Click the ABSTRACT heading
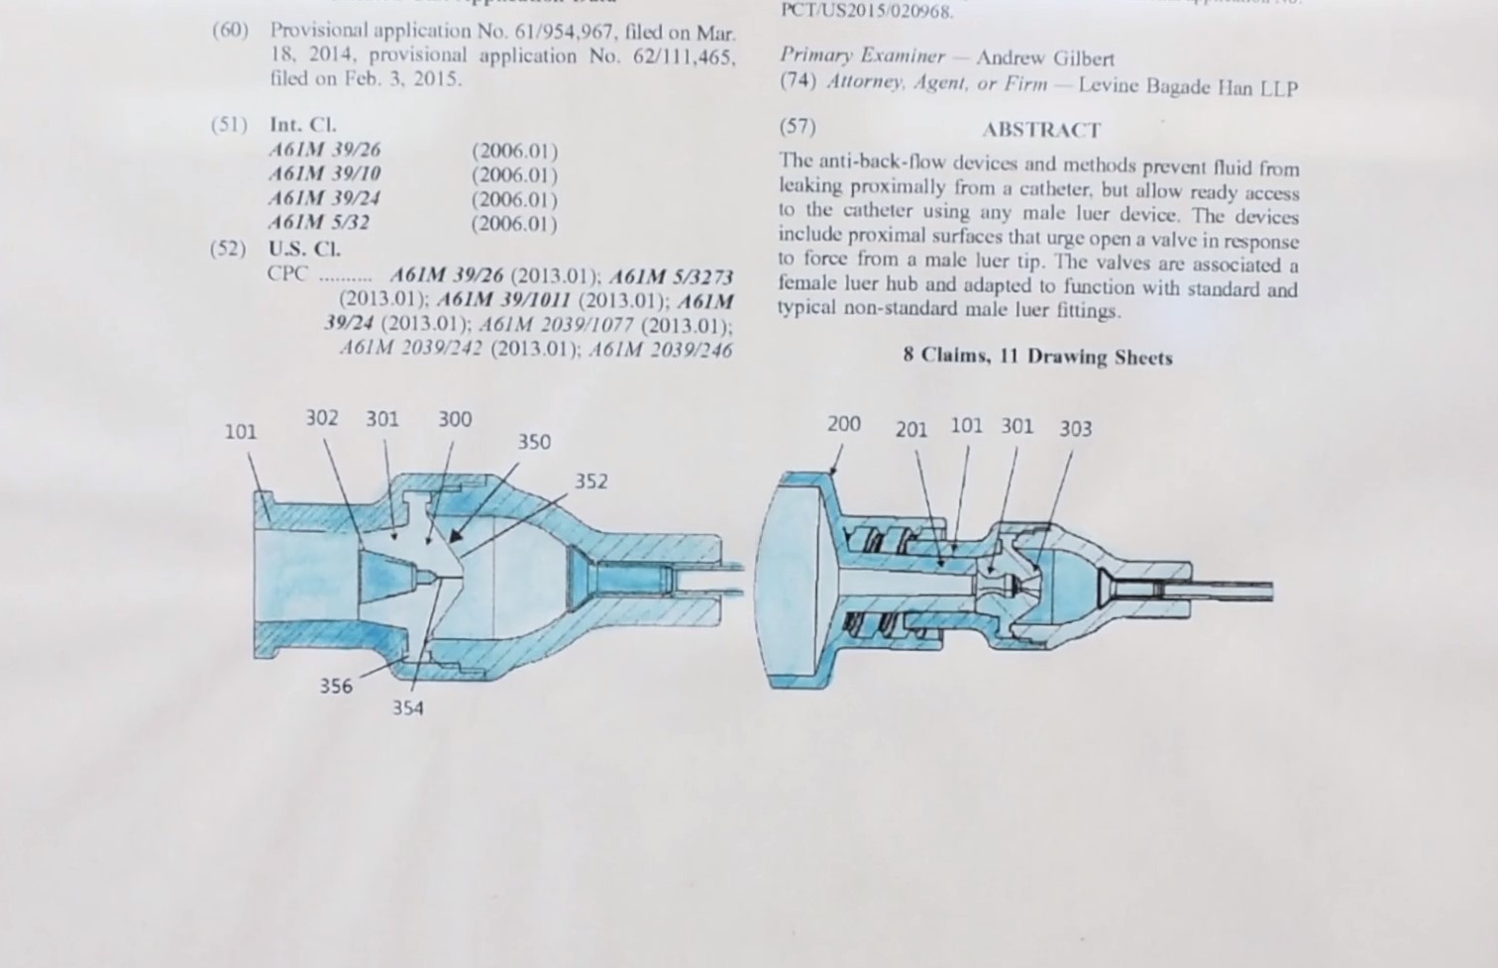[x=1041, y=130]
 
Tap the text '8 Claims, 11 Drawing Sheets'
[x=1037, y=357]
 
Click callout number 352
[x=591, y=482]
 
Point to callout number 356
[x=336, y=686]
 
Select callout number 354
[x=407, y=708]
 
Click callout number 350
[x=534, y=442]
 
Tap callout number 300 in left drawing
[x=455, y=419]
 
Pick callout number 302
[x=321, y=418]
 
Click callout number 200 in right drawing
[x=844, y=424]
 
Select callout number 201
[x=911, y=429]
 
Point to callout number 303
[x=1076, y=428]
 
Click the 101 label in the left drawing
[x=240, y=431]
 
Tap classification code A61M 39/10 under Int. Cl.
[x=325, y=174]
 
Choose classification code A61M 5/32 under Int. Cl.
[x=319, y=222]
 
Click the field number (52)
[x=228, y=248]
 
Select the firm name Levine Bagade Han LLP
[x=1188, y=86]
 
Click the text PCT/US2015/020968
[x=867, y=12]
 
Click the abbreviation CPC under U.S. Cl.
[x=288, y=272]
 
